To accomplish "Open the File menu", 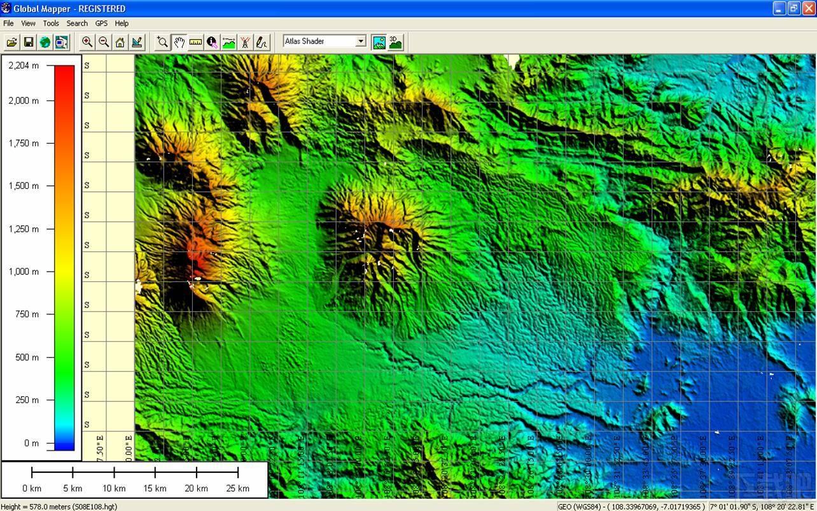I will coord(8,24).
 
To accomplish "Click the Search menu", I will coord(77,24).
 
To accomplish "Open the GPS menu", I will coord(101,24).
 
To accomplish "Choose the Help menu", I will coord(122,24).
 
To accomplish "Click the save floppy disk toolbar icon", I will coord(29,43).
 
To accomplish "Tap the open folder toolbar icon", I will coord(11,43).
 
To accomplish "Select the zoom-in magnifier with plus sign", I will coord(87,43).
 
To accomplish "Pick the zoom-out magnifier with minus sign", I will coord(104,43).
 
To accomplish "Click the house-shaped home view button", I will coord(120,43).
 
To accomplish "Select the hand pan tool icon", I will coord(179,43).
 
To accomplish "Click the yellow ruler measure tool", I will coord(195,43).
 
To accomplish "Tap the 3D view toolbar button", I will coord(395,43).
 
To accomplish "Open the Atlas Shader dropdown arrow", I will coord(361,41).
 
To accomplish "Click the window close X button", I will coord(808,8).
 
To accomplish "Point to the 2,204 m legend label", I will coord(24,66).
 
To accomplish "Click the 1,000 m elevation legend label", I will coord(24,272).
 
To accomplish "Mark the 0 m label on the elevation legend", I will coord(31,443).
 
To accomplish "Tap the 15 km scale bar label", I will coord(155,489).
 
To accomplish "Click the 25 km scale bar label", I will coord(238,489).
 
